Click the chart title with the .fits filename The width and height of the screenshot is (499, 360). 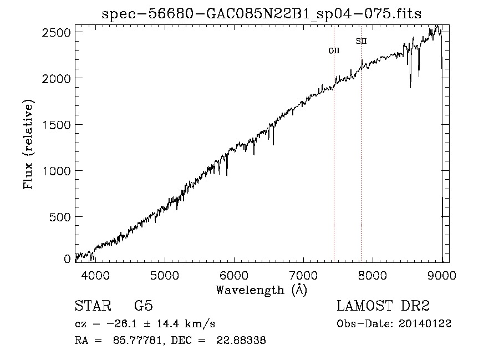[x=261, y=14]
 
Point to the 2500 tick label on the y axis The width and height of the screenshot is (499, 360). [x=57, y=32]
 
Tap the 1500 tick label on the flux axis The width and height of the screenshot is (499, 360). [x=57, y=125]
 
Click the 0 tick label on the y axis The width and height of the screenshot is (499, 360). [x=67, y=259]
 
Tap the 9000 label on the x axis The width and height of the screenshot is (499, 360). [x=441, y=275]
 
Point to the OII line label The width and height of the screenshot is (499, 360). [x=334, y=50]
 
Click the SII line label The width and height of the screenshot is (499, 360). [x=361, y=41]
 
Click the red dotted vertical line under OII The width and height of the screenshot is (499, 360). [x=334, y=166]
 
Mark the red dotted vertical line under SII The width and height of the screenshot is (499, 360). [x=361, y=166]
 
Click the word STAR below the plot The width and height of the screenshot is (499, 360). [x=89, y=306]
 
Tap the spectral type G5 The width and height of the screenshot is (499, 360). [x=143, y=306]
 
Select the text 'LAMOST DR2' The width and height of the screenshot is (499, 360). [x=383, y=306]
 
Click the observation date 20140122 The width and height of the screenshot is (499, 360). [x=425, y=324]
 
